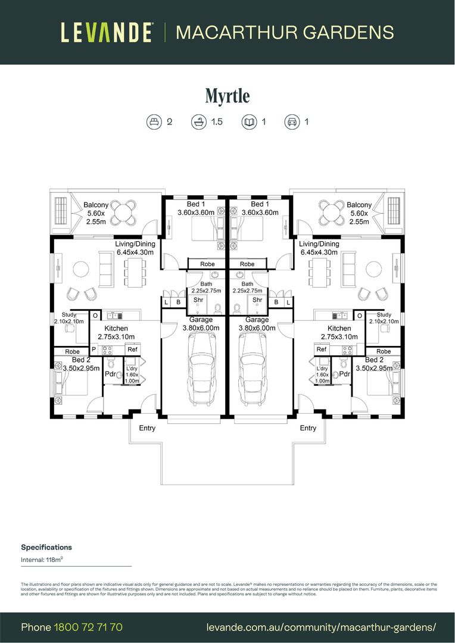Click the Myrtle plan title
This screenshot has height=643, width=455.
pos(227,95)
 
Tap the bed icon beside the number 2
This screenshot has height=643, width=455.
pos(154,122)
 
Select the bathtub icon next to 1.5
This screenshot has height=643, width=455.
pos(198,122)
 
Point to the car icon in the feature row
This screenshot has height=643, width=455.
pos(291,122)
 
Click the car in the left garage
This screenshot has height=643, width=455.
pos(202,368)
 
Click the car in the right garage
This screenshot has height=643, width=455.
pos(253,368)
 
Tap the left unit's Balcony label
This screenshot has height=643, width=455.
pos(96,205)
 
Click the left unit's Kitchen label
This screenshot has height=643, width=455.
pos(116,328)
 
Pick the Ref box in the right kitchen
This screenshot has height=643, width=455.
pos(322,350)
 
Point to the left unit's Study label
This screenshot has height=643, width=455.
pos(69,315)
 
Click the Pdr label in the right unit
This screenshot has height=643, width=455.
pos(344,374)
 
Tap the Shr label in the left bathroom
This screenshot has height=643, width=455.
pos(198,300)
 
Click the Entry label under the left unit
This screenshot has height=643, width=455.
pos(147,428)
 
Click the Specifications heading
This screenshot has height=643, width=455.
pos(46,547)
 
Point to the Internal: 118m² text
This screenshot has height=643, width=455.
pos(41,560)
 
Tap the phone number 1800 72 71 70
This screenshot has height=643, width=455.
pos(88,628)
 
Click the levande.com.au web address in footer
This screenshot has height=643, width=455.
pos(321,628)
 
